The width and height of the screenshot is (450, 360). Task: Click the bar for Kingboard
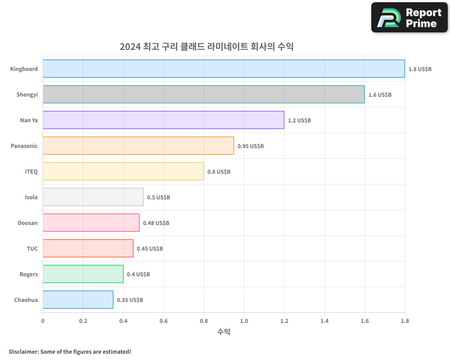224,69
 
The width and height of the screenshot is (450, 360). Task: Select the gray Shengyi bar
203,94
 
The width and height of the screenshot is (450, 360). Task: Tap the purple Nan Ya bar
163,120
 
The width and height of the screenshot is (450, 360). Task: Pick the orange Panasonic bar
138,146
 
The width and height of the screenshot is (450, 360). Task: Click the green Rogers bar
83,274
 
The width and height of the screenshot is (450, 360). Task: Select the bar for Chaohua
78,300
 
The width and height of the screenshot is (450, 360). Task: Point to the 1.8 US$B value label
420,69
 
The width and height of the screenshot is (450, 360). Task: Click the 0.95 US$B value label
250,146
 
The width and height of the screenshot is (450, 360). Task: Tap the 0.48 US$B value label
156,223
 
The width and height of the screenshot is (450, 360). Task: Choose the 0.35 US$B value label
130,300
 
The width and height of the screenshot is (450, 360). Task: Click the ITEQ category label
31,171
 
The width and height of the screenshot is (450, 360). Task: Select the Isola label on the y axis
31,197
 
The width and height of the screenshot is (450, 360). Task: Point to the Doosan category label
28,223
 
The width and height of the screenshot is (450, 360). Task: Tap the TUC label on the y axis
32,248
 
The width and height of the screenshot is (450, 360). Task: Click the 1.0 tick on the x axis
244,321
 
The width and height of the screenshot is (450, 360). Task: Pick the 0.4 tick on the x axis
123,321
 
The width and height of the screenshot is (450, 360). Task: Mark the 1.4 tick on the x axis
324,321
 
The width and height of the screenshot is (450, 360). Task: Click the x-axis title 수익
224,332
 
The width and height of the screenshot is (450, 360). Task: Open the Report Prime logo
409,18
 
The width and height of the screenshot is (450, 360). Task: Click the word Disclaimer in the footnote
23,351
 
